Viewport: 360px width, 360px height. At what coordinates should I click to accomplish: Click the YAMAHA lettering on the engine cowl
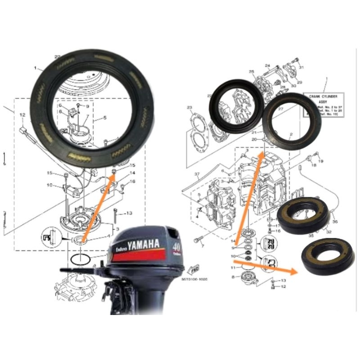(x=144, y=245)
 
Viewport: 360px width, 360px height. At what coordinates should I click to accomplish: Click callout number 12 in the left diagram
(x=21, y=116)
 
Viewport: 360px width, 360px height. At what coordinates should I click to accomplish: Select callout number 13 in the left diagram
(x=129, y=213)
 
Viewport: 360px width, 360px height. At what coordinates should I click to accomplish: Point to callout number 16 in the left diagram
(x=132, y=181)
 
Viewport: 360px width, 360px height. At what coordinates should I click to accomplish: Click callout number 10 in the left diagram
(x=49, y=185)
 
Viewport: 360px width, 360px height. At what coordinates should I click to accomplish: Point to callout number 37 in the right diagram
(x=197, y=174)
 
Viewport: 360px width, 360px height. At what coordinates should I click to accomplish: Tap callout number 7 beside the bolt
(x=202, y=246)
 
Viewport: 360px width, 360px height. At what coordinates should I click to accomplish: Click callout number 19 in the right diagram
(x=321, y=161)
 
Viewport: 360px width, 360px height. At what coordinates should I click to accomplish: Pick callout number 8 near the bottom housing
(x=233, y=277)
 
